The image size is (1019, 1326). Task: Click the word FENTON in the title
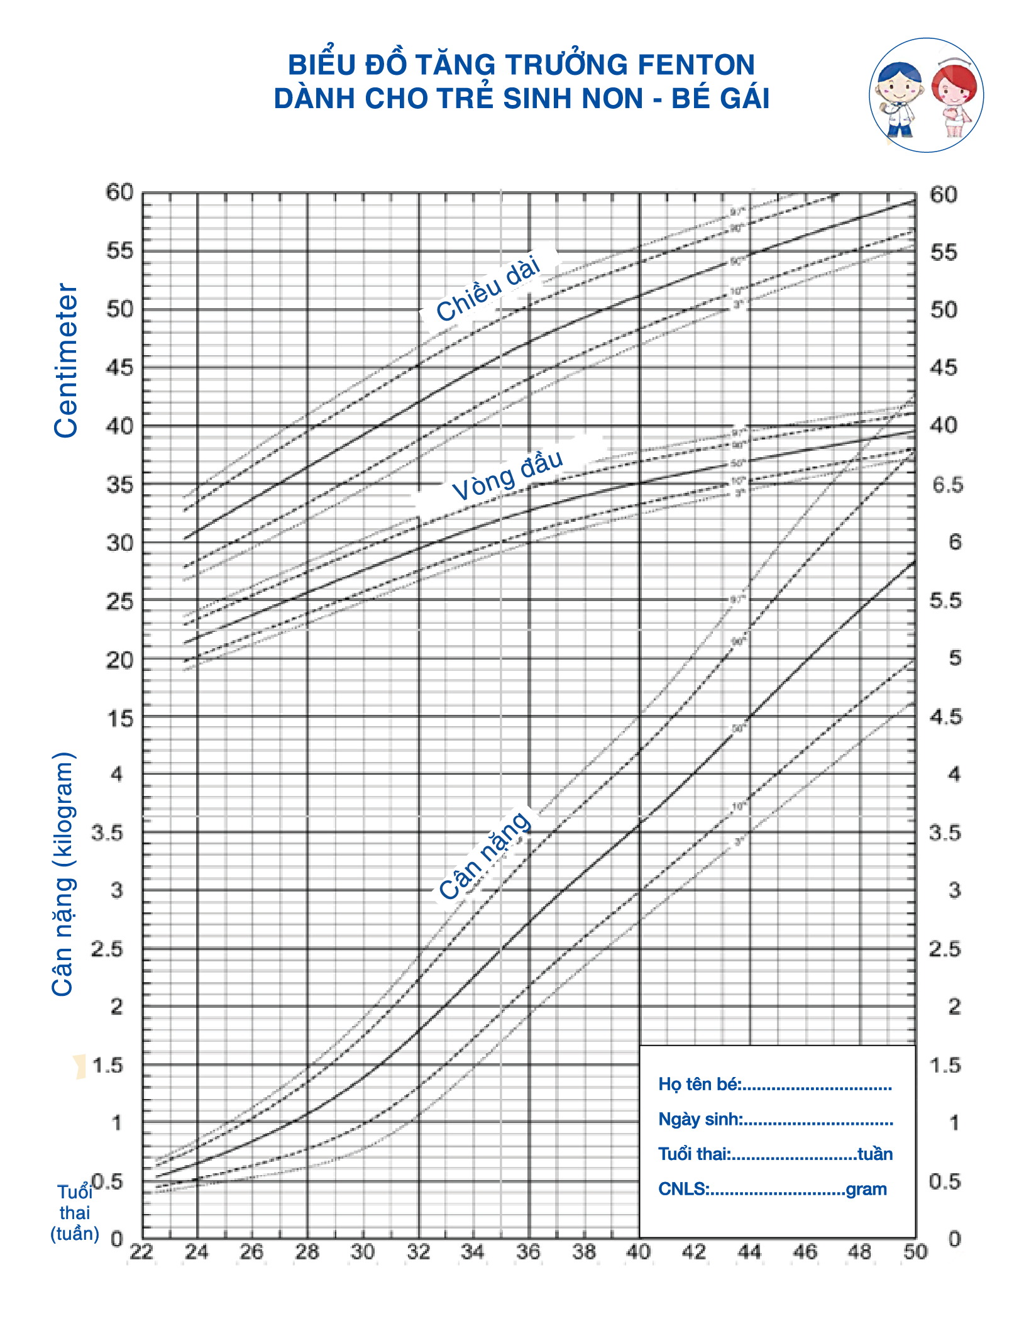coord(696,65)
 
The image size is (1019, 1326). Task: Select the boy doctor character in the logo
coord(900,97)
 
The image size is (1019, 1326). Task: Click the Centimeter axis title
coord(66,360)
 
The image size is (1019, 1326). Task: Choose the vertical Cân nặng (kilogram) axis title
coord(63,874)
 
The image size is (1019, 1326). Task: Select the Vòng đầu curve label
coord(507,475)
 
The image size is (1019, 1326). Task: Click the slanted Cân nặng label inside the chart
coord(485,855)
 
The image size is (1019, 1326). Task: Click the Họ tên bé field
coord(774,1084)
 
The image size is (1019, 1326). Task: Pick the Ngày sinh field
coord(775,1119)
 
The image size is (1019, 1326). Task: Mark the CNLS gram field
coord(772,1189)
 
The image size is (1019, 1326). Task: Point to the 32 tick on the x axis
coord(418,1252)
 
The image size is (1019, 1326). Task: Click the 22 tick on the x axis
coord(141,1252)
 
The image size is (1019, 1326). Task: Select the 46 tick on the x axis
coord(805,1252)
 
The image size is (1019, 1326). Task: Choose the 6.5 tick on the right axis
coord(947,485)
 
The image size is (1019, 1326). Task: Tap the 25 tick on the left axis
coord(119,602)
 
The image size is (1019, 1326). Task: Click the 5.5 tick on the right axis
coord(946,600)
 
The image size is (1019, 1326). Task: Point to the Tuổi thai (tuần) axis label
coord(75,1213)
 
